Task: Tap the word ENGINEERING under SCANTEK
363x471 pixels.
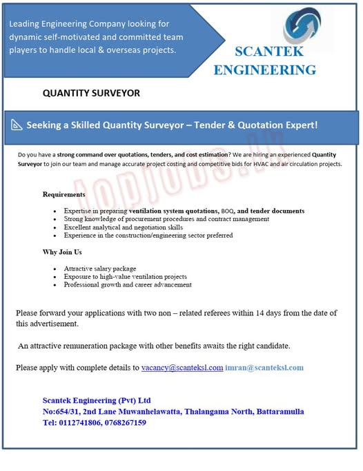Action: pyautogui.click(x=265, y=70)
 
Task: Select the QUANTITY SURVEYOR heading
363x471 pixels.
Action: pyautogui.click(x=91, y=93)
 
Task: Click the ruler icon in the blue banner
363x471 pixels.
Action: pyautogui.click(x=16, y=125)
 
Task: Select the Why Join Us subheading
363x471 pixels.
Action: pyautogui.click(x=62, y=252)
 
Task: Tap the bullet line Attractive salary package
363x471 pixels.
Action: pyautogui.click(x=100, y=268)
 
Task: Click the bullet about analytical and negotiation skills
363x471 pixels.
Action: pyautogui.click(x=123, y=227)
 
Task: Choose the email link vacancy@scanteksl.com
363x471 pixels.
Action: pyautogui.click(x=182, y=368)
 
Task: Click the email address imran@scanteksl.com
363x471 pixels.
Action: pyautogui.click(x=264, y=368)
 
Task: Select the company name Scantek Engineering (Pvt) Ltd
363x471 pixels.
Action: pyautogui.click(x=97, y=400)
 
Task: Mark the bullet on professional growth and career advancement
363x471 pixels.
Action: pyautogui.click(x=128, y=284)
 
